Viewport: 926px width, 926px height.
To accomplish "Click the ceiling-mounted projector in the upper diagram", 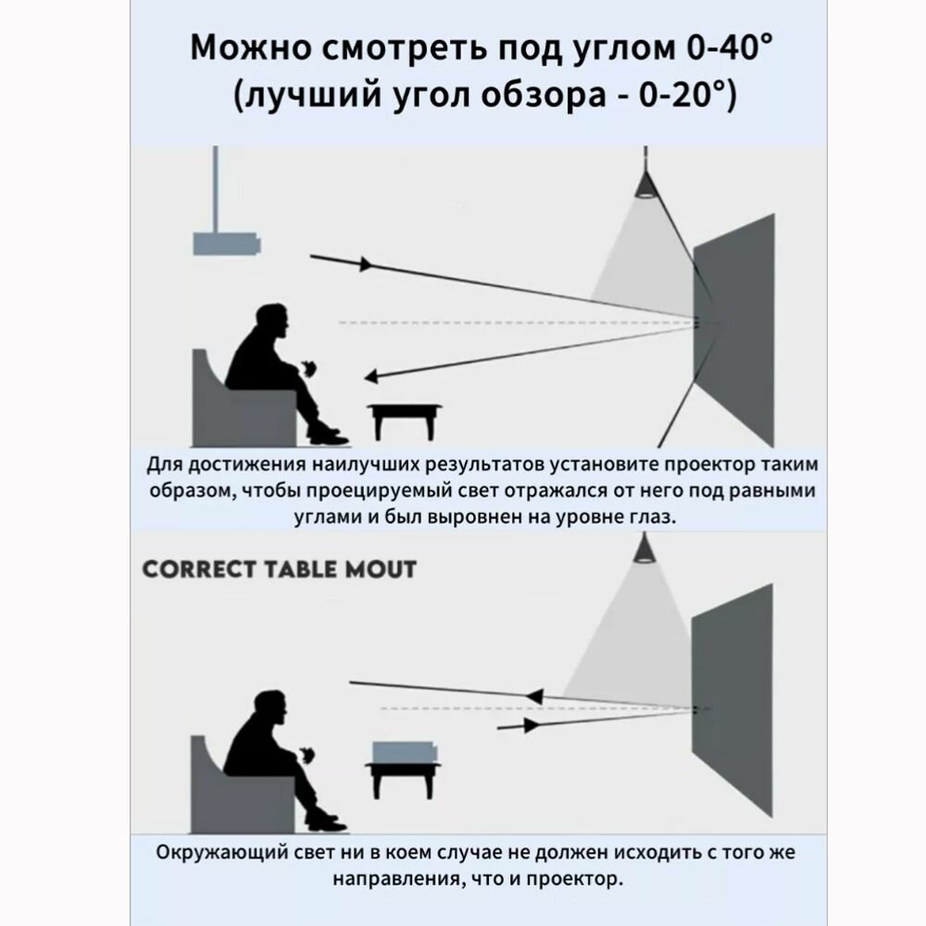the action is click(x=226, y=244).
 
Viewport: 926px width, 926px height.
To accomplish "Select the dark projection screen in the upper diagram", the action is click(x=733, y=329).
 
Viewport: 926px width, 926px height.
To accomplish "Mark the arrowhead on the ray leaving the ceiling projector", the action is click(x=366, y=264).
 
